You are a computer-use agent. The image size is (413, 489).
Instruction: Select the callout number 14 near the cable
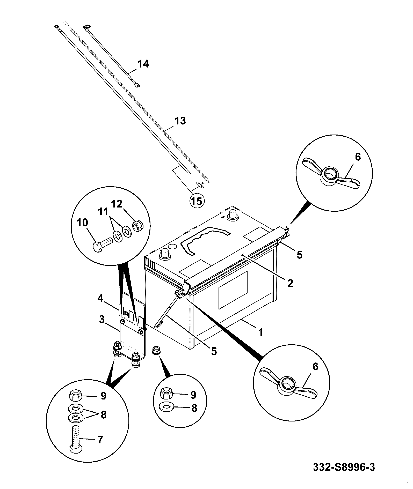143,64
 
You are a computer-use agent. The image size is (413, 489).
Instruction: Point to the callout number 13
180,121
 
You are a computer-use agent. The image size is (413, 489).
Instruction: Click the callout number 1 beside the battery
260,332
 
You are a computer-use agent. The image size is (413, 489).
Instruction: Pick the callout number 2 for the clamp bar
290,283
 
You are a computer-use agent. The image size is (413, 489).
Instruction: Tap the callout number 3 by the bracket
102,320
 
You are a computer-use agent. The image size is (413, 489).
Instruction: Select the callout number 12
117,204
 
